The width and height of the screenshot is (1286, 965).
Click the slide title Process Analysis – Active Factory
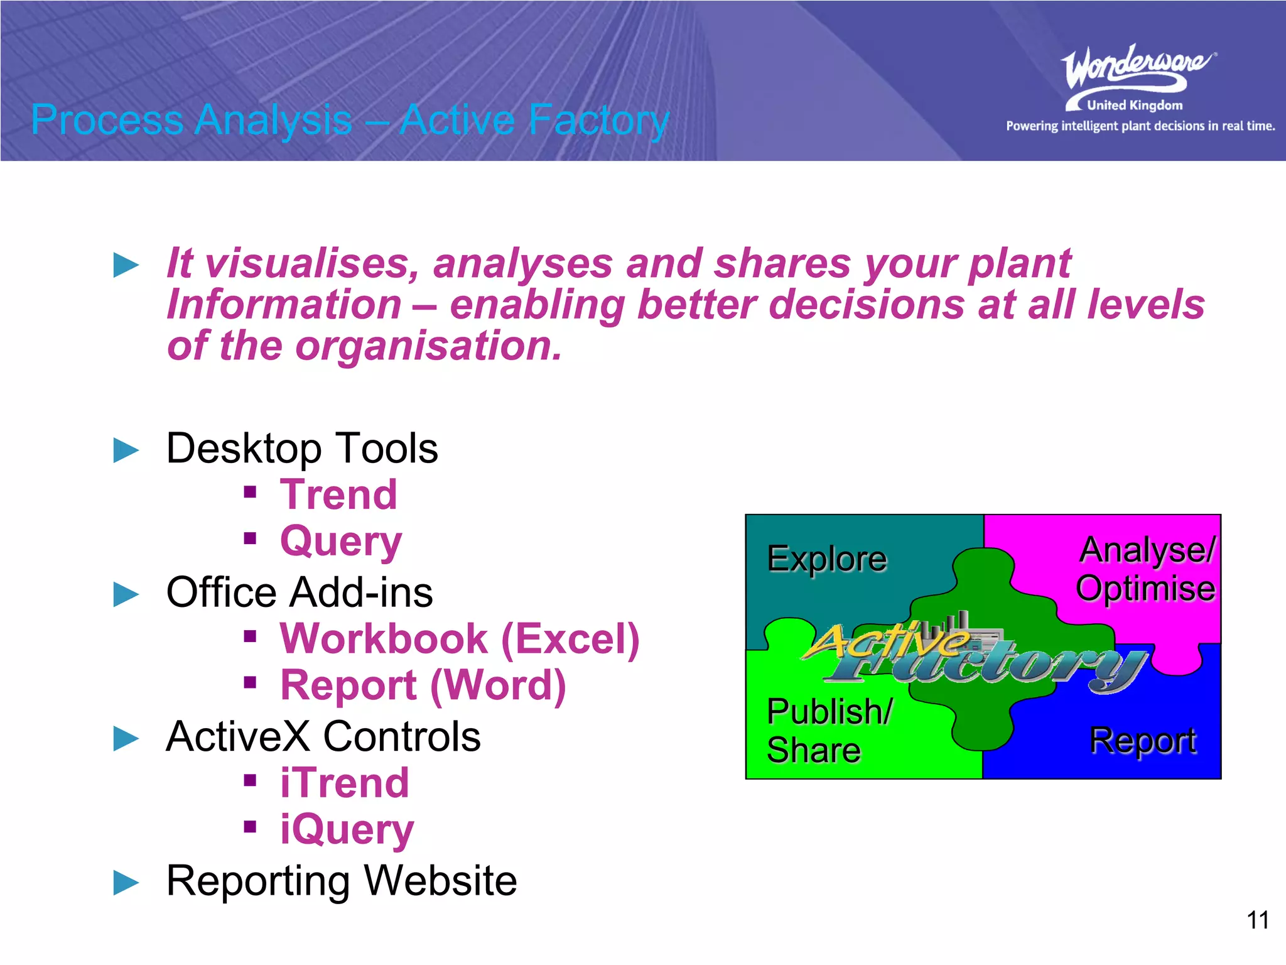350,119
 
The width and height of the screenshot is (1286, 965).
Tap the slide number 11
1257,920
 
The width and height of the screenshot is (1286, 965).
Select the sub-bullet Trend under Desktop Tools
338,494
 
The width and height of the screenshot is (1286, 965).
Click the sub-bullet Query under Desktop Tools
341,541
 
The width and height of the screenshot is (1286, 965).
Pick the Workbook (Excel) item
460,639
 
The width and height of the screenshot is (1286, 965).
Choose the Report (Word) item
423,685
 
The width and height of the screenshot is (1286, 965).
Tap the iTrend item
345,783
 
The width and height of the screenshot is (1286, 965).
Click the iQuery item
347,829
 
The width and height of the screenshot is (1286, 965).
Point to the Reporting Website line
341,880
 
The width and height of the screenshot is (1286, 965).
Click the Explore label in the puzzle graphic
826,559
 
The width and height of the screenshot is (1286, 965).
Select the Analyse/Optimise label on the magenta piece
1147,569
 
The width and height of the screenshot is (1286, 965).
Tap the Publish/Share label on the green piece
828,730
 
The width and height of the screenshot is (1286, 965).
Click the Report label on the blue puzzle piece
1142,741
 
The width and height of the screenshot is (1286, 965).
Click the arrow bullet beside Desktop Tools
126,450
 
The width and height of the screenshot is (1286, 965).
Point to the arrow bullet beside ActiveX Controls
126,738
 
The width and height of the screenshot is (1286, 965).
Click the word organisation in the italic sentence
427,346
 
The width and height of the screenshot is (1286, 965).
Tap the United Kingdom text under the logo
1134,106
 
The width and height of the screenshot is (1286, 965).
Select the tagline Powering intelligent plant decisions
1140,126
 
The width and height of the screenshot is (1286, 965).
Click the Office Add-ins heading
299,592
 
